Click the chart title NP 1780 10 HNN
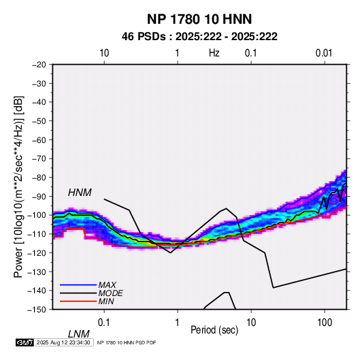coord(199,19)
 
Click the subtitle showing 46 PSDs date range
coord(199,37)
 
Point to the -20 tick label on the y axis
coord(39,65)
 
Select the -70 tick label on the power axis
coord(39,159)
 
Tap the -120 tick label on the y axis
coord(37,252)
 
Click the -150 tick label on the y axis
coord(37,310)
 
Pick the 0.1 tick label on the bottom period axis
coord(104,323)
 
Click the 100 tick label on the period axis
coord(325,323)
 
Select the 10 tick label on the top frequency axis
coord(104,53)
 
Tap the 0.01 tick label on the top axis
coord(324,53)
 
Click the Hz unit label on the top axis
coord(214,53)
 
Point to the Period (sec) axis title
coord(214,330)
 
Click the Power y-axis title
coord(18,187)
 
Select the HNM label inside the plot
coord(80,193)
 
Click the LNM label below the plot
coord(78,334)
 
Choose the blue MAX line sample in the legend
coord(78,285)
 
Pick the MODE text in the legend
coord(110,293)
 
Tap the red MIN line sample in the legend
coord(78,301)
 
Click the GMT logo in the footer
coord(24,342)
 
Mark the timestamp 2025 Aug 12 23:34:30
coord(63,342)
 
